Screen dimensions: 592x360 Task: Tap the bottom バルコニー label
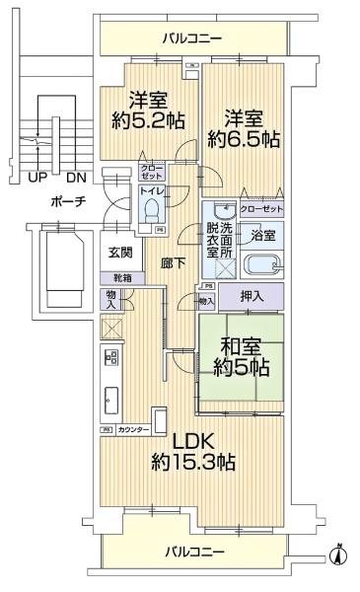coord(193,551)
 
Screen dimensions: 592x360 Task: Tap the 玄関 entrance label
coord(121,253)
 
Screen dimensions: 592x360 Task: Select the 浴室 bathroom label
coord(262,236)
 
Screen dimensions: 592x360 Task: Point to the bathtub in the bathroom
coord(262,266)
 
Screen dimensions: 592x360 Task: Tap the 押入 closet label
coord(252,296)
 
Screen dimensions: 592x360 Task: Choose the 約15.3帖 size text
coord(193,462)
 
